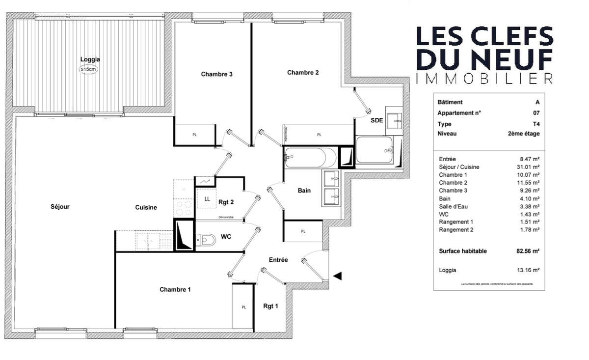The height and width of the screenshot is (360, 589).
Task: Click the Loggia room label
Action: (x=90, y=59)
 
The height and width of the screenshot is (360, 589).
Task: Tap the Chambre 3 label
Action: (x=216, y=74)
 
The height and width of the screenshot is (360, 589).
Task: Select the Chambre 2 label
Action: (x=303, y=72)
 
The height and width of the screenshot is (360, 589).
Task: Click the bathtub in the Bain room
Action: (x=310, y=157)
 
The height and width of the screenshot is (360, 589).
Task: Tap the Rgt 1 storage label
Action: (x=270, y=306)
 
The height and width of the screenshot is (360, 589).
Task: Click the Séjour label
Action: (x=60, y=207)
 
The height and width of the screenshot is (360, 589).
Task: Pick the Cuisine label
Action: (x=146, y=207)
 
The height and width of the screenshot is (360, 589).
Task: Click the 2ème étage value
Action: (x=524, y=134)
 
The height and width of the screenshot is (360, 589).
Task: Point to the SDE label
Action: (x=377, y=121)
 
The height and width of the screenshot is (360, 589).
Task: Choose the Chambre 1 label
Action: (x=175, y=289)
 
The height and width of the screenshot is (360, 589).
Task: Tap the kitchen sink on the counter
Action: (x=147, y=241)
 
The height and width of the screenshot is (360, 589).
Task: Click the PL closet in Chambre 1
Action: (x=243, y=307)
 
